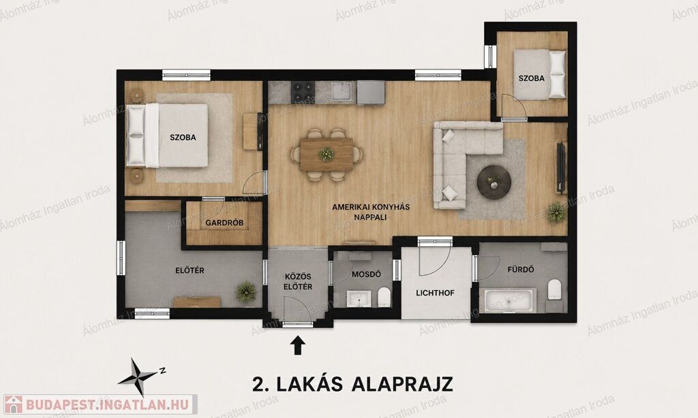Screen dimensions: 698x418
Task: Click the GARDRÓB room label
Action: click(224, 223)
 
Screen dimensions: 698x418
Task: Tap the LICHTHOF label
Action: click(436, 293)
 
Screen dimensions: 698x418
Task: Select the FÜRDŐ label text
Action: click(521, 269)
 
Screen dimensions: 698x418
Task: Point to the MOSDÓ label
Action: click(366, 274)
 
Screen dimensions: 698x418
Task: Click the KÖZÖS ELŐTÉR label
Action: click(299, 281)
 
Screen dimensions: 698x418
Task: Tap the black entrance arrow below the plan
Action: click(299, 344)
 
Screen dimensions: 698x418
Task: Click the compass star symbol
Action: click(137, 377)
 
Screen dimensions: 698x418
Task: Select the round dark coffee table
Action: click(494, 182)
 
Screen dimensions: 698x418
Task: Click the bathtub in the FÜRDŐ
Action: click(508, 300)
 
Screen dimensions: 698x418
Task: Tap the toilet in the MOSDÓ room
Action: click(384, 297)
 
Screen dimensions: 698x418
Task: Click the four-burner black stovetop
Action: click(303, 92)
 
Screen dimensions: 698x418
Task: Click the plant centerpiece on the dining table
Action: click(327, 154)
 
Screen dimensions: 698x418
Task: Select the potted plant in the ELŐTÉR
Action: click(246, 291)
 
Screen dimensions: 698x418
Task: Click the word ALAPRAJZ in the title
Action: click(402, 384)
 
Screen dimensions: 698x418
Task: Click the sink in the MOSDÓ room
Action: click(359, 298)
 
